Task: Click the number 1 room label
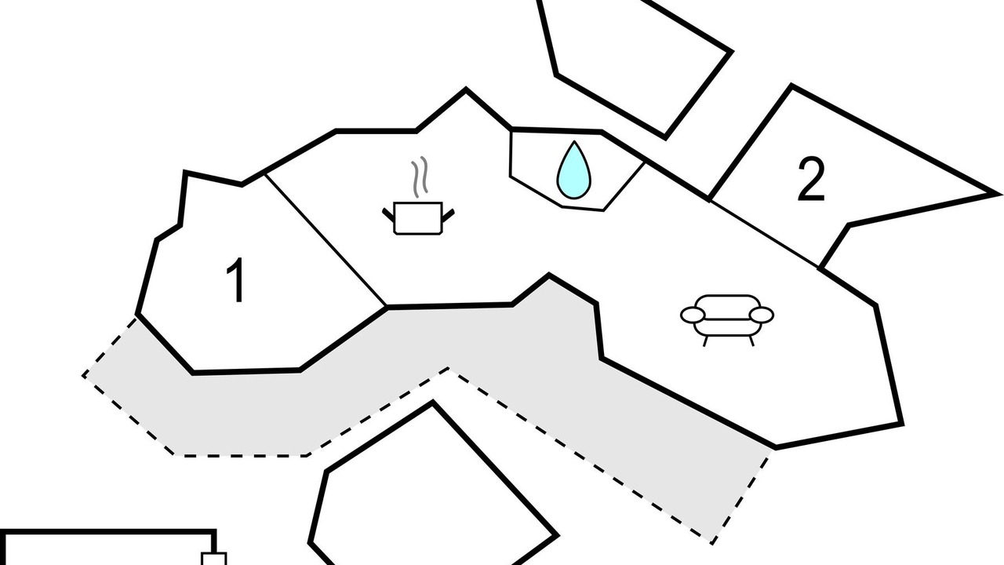point(236,280)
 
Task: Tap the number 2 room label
point(811,179)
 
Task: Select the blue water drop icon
point(573,170)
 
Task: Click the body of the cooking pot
point(418,218)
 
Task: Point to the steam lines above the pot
point(420,177)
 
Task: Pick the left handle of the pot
point(387,214)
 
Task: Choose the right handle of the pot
point(448,215)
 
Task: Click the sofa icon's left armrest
point(693,315)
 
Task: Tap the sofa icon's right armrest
point(762,315)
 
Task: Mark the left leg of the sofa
point(705,341)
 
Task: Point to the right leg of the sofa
point(751,341)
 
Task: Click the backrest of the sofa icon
point(727,302)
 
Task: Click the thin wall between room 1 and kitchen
point(326,240)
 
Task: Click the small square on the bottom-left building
point(214,559)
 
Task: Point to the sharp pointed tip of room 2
point(999,194)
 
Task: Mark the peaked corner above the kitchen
point(466,89)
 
